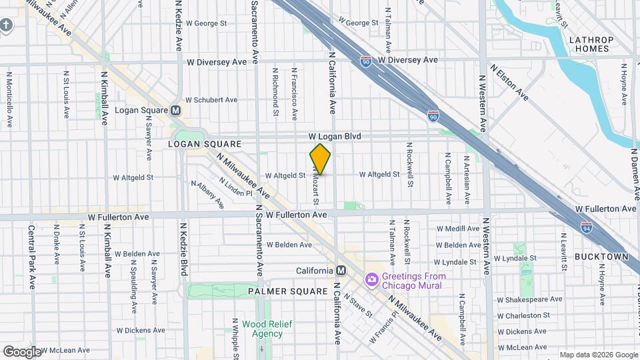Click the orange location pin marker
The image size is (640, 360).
[321, 159]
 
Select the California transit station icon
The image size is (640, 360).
[341, 271]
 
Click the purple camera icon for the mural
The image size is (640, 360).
[371, 279]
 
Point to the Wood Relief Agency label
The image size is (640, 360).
[262, 329]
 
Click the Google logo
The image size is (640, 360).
[21, 352]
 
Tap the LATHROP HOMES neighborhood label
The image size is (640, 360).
[591, 44]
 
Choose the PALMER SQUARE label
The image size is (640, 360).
[288, 291]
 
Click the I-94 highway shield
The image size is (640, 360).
[587, 227]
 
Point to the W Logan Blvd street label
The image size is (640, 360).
[335, 136]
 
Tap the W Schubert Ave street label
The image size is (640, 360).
[211, 100]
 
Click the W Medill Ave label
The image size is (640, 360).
[458, 229]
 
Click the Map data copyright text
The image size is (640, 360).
[598, 354]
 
